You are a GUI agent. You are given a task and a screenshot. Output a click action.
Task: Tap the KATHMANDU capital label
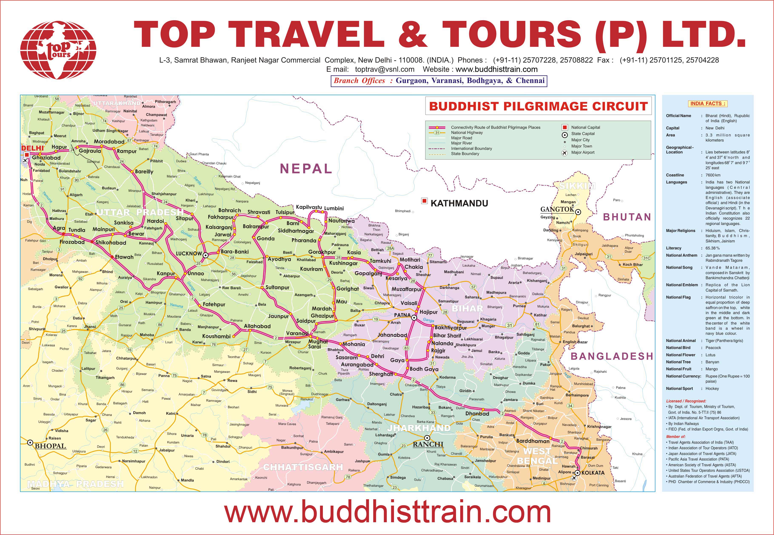[x=459, y=203]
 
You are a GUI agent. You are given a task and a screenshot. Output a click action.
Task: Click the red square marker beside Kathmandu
[x=424, y=201]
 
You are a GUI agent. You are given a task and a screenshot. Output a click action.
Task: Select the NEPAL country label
[x=306, y=168]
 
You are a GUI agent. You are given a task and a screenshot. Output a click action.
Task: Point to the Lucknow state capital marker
[x=206, y=255]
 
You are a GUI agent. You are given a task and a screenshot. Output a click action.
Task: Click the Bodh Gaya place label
[x=424, y=369]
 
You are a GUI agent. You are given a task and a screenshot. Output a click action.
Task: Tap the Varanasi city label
[x=297, y=333]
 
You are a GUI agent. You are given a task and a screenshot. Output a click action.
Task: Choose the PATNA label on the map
[x=402, y=315]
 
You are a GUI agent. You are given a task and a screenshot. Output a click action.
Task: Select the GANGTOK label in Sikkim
[x=557, y=209]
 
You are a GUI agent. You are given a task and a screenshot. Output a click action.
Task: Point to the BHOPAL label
[x=50, y=446]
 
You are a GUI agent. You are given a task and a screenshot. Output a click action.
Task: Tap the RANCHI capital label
[x=428, y=445]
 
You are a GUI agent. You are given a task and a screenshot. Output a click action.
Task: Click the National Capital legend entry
[x=585, y=127]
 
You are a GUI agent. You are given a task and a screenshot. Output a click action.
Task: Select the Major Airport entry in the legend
[x=583, y=153]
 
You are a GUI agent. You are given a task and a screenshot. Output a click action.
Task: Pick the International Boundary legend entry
[x=471, y=149]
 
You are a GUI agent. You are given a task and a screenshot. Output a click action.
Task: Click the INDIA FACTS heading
[x=708, y=104]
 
